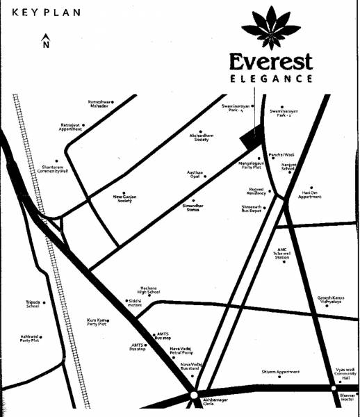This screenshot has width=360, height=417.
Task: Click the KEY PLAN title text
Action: [46, 13]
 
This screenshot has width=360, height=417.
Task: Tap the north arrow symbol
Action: [46, 41]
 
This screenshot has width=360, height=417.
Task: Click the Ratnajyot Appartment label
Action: [70, 127]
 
